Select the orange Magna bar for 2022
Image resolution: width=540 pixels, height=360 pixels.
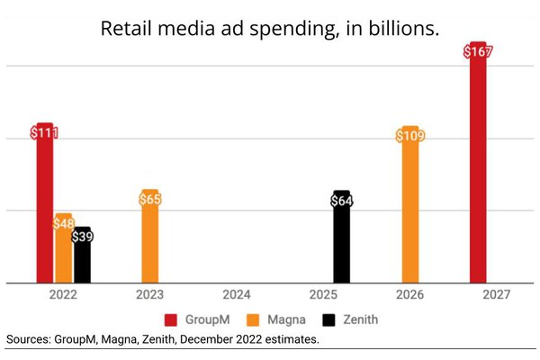tap(63, 256)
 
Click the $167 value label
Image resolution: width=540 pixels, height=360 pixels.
tap(477, 51)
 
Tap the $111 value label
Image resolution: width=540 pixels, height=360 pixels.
tap(44, 133)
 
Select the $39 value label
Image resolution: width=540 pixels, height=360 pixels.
tap(82, 237)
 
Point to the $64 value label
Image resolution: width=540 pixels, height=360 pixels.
tap(341, 201)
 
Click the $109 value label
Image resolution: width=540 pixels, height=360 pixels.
tap(409, 136)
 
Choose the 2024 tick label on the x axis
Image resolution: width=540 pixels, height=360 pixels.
tap(237, 294)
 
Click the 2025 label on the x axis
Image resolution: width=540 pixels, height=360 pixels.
tap(323, 294)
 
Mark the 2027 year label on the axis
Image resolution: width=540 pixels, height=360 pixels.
tap(496, 294)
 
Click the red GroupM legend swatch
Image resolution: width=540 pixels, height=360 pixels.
tap(169, 319)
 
